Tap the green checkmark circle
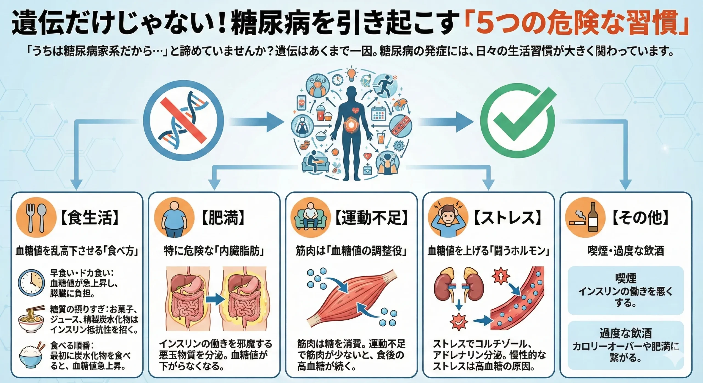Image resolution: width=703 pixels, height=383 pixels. (517, 121)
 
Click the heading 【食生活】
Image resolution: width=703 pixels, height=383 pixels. (90, 218)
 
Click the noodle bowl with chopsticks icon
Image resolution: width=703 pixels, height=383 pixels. (31, 320)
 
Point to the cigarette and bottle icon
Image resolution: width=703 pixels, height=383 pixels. (585, 218)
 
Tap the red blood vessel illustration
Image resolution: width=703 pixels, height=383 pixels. (519, 299)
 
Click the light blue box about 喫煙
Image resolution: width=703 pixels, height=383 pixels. (626, 290)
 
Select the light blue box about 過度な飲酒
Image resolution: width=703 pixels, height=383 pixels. (626, 345)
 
